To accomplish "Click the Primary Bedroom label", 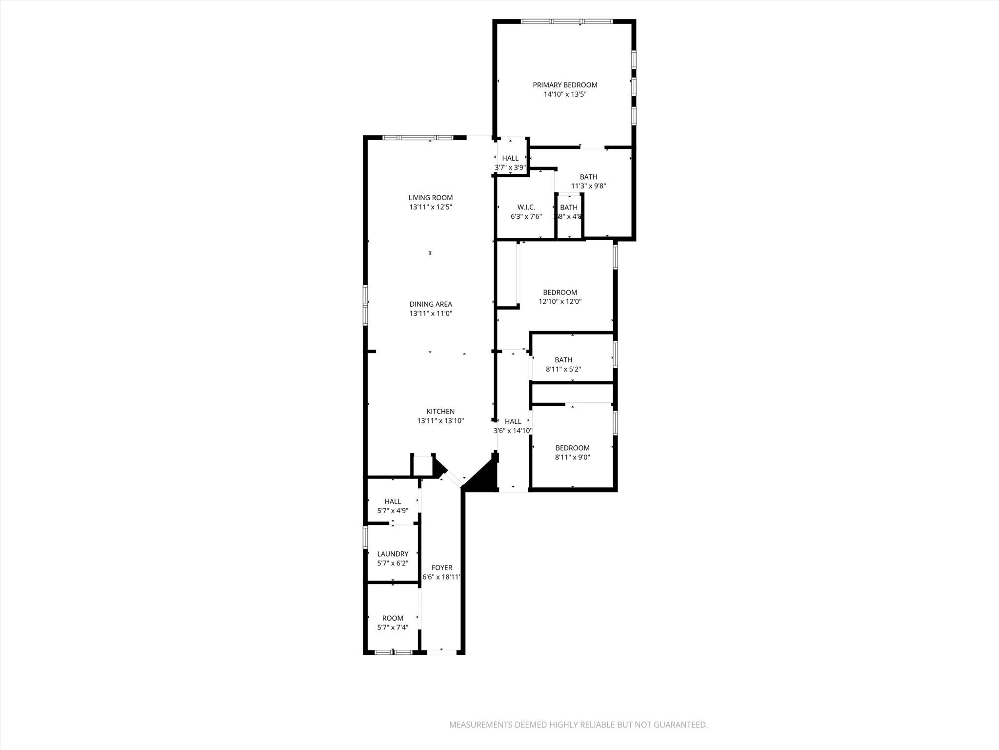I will pyautogui.click(x=565, y=85).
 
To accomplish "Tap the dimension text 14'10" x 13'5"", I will pyautogui.click(x=565, y=94).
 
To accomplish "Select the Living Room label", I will pyautogui.click(x=431, y=198).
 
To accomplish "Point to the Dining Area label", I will pyautogui.click(x=431, y=304).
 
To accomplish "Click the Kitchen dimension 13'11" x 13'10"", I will pyautogui.click(x=440, y=421).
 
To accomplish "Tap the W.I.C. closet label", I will pyautogui.click(x=526, y=208).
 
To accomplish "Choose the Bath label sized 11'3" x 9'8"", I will pyautogui.click(x=588, y=177).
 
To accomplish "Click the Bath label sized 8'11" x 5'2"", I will pyautogui.click(x=563, y=360).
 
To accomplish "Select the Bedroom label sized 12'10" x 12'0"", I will pyautogui.click(x=560, y=292).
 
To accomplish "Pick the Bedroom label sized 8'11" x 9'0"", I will pyautogui.click(x=573, y=448).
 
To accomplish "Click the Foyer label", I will pyautogui.click(x=442, y=568).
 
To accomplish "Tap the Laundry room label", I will pyautogui.click(x=393, y=554).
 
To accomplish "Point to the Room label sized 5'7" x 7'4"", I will pyautogui.click(x=393, y=618).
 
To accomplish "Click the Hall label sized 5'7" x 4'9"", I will pyautogui.click(x=393, y=501).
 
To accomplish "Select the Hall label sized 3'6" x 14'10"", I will pyautogui.click(x=513, y=421).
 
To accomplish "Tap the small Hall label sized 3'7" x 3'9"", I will pyautogui.click(x=510, y=158).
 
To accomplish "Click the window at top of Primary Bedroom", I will pyautogui.click(x=566, y=21).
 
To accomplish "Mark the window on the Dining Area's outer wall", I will pyautogui.click(x=365, y=305).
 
